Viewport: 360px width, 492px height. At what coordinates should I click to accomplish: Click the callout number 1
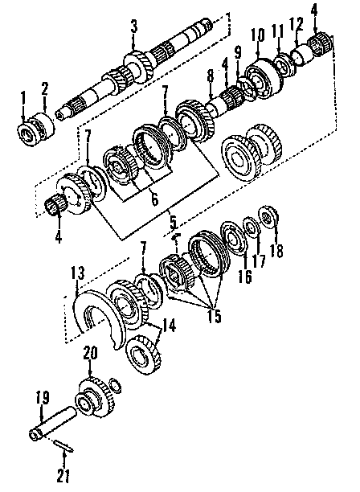22,98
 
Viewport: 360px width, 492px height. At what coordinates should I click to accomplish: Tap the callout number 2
44,88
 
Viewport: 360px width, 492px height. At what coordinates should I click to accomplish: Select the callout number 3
134,26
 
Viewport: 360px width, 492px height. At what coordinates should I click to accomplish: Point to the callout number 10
257,35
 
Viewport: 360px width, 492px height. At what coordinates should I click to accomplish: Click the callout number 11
278,32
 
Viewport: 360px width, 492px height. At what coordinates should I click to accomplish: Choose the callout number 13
77,273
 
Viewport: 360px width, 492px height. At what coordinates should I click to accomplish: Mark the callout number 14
169,326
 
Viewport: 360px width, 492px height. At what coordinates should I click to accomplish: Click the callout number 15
214,315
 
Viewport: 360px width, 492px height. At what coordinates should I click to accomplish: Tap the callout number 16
244,275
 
